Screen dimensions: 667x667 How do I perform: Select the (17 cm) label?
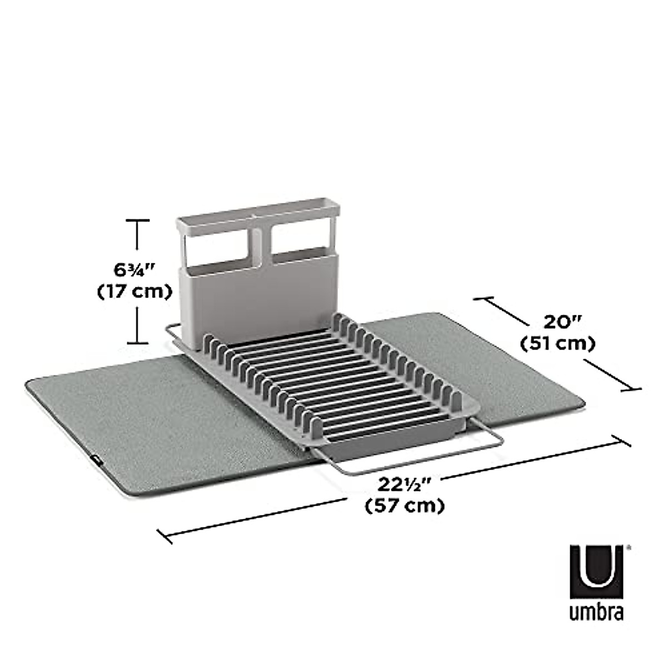(x=133, y=292)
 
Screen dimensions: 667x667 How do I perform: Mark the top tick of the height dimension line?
(x=138, y=221)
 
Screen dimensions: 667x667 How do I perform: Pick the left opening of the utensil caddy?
(x=217, y=247)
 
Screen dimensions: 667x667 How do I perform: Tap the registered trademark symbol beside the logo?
(x=629, y=547)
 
